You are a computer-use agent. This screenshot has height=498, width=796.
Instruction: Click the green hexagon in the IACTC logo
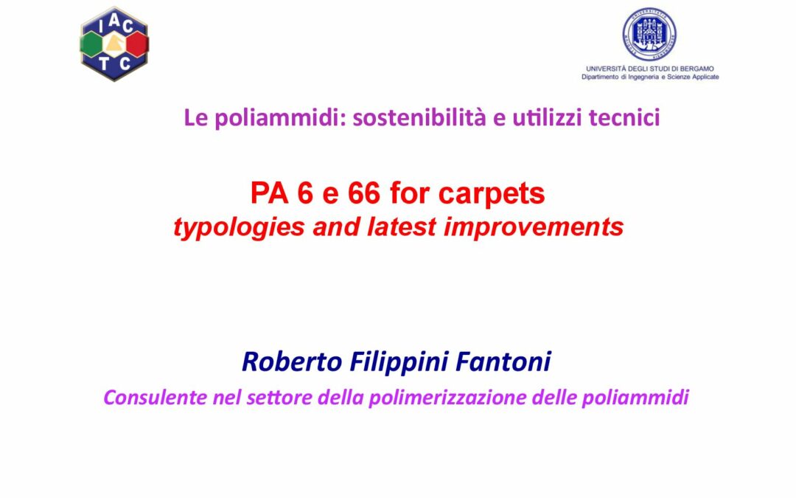pos(92,44)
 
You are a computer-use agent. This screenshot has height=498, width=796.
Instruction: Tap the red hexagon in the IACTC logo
pos(137,44)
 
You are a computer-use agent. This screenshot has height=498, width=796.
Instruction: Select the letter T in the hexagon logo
pos(104,63)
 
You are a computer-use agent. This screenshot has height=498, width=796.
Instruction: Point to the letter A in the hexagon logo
pos(114,21)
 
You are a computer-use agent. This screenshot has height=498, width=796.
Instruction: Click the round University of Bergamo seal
pos(649,35)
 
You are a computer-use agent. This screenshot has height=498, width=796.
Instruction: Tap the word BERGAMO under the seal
pos(697,69)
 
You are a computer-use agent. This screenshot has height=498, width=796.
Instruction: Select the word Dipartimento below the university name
pos(600,77)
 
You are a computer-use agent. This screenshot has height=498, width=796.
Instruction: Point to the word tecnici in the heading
pos(624,117)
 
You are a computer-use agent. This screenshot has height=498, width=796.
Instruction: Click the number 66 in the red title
pos(363,193)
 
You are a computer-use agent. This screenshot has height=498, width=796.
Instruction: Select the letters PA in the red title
pos(269,193)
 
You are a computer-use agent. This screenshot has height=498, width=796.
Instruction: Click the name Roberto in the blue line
pos(292,362)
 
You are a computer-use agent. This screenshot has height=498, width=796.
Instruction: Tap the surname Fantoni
pos(503,362)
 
